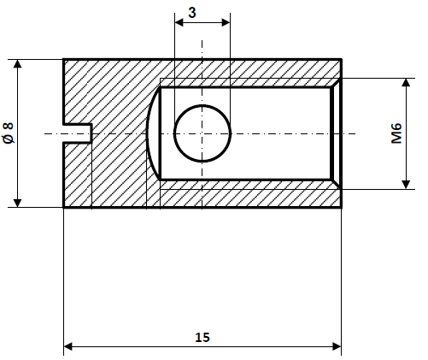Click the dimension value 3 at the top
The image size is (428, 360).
(x=202, y=14)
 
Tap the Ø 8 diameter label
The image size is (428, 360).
(x=9, y=133)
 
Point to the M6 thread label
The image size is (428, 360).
(x=396, y=133)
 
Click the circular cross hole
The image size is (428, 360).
(x=202, y=133)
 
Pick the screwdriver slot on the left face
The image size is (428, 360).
(x=78, y=133)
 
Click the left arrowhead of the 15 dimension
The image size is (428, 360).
(x=69, y=347)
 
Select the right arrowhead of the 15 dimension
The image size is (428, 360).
(x=336, y=347)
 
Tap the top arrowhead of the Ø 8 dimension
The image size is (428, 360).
(x=17, y=65)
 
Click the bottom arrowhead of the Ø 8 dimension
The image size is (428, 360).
(x=17, y=202)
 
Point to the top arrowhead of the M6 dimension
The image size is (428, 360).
(x=405, y=84)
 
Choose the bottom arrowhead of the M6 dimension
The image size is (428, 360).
(x=405, y=183)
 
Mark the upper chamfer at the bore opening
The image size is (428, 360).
(x=337, y=83)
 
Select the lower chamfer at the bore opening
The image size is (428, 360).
(x=337, y=184)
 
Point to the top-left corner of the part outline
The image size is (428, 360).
(x=64, y=59)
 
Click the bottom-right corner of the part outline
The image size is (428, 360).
(x=342, y=207)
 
